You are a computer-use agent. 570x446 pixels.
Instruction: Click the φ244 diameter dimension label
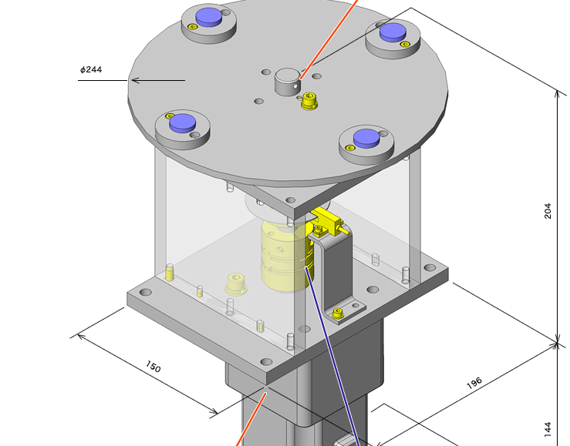tap(91, 70)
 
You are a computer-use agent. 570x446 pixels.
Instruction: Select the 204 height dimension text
tap(548, 210)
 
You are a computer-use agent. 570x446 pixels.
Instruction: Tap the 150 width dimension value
tap(153, 367)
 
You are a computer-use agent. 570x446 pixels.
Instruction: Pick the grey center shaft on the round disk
tap(287, 80)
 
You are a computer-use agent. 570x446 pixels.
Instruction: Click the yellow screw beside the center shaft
tap(309, 100)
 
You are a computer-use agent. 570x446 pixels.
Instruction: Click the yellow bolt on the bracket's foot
tap(338, 314)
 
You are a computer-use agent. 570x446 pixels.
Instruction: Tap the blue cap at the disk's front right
tap(366, 138)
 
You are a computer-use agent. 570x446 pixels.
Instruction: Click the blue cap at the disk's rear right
tap(393, 31)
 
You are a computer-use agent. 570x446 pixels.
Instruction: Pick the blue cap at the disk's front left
tap(182, 122)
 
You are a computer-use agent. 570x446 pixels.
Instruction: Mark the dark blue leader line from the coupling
tap(332, 354)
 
